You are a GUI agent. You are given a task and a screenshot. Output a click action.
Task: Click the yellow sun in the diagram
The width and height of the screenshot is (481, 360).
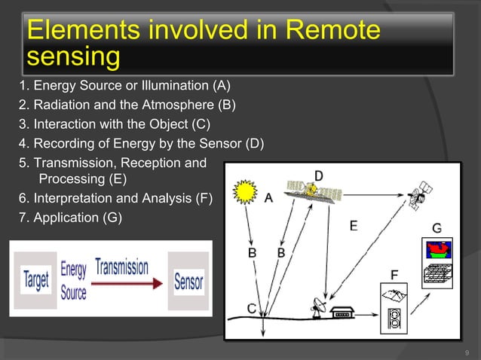[246, 193]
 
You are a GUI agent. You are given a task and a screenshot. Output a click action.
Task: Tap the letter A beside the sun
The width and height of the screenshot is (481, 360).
[268, 199]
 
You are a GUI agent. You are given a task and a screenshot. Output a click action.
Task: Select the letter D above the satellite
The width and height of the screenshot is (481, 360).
[319, 175]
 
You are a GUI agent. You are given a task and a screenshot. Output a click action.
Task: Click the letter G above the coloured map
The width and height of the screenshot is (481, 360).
[437, 227]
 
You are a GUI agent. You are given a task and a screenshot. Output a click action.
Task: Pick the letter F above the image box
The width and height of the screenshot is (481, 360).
[394, 272]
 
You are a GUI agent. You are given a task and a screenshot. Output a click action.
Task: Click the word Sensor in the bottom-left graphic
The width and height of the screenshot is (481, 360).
[189, 282]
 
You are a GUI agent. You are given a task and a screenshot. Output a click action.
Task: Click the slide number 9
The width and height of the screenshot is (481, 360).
[467, 352]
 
